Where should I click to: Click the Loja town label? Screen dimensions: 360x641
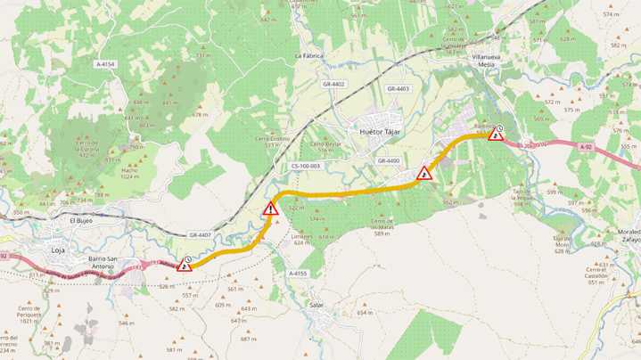pos(59,239)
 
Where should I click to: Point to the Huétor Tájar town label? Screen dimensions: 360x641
pos(381,132)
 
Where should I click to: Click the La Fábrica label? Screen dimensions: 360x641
pos(308,55)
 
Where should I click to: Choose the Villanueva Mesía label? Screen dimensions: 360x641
pos(489,59)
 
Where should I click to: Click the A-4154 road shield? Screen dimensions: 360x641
pos(105,64)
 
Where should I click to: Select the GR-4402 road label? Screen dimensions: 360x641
pos(333,84)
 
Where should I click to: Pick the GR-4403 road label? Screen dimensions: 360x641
pos(398,89)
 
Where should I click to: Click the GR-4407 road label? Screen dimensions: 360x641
pos(201,235)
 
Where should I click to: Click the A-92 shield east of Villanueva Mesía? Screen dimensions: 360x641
pos(585,147)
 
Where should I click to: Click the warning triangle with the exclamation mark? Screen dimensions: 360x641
pos(269,210)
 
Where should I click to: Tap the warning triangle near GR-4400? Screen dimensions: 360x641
pos(424,173)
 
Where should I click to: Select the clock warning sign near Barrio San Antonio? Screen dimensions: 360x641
pos(185,263)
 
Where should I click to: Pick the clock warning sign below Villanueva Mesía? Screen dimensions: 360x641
pos(497,135)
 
